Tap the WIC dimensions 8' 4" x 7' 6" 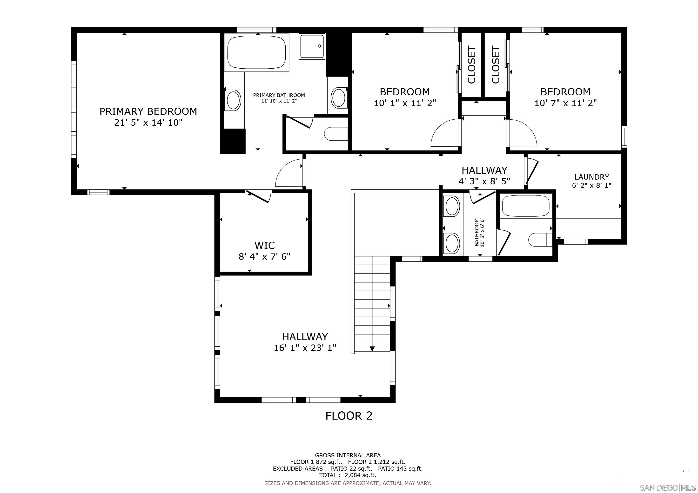264,257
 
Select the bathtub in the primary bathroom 257,52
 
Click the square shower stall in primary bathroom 312,46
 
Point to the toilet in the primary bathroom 336,134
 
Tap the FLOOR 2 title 349,415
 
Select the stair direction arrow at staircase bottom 372,349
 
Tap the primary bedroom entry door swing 289,175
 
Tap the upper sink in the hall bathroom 452,206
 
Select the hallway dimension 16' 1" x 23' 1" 305,348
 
